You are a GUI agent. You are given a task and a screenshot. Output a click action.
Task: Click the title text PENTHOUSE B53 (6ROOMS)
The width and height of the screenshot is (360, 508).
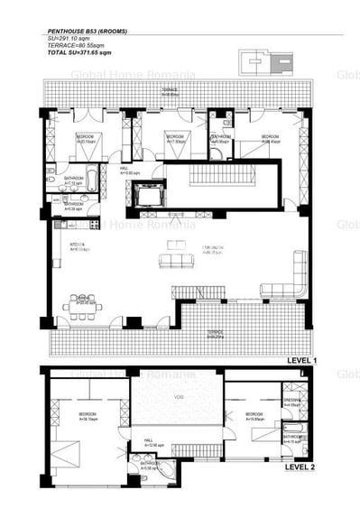pos(87,32)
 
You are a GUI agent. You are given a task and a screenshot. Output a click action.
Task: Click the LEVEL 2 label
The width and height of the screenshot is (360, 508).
pos(300,468)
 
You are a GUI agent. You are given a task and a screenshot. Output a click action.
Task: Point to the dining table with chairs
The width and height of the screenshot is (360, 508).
pos(82,305)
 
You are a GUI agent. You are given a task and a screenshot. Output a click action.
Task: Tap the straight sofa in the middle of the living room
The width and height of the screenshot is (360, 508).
pos(176,261)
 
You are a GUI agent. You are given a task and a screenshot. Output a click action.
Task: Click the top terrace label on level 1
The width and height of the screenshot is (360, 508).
pos(169,91)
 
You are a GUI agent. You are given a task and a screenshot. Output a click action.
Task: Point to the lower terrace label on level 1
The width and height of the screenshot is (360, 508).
pos(214,333)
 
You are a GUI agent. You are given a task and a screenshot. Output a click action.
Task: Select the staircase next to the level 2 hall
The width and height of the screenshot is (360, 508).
pos(197,448)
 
